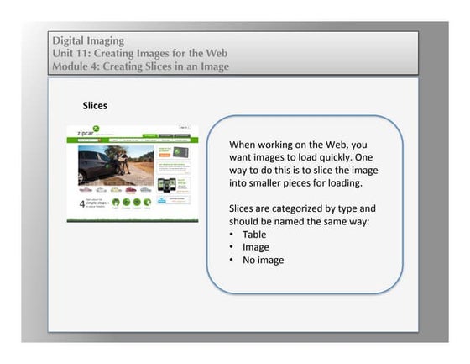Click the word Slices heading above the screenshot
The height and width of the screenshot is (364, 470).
[x=94, y=107]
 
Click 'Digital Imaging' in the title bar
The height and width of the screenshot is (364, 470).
[x=88, y=40]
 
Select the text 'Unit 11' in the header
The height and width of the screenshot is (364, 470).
[x=70, y=53]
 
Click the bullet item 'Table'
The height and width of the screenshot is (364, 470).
[x=253, y=235]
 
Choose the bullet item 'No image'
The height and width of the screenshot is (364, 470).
[x=263, y=260]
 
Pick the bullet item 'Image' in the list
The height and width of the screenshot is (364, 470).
[x=255, y=247]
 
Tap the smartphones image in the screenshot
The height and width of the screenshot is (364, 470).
[x=171, y=184]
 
